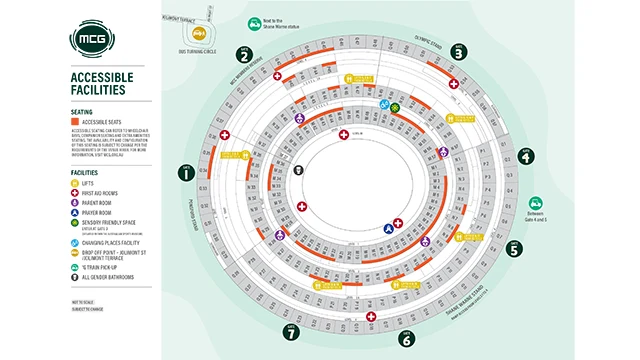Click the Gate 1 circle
point(186,174)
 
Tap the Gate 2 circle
point(244,55)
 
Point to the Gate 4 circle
point(526,156)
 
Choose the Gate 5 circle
point(515,250)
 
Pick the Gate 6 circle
point(407,339)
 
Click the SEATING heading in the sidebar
point(82,112)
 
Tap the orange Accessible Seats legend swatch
point(77,122)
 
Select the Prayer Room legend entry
point(98,212)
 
